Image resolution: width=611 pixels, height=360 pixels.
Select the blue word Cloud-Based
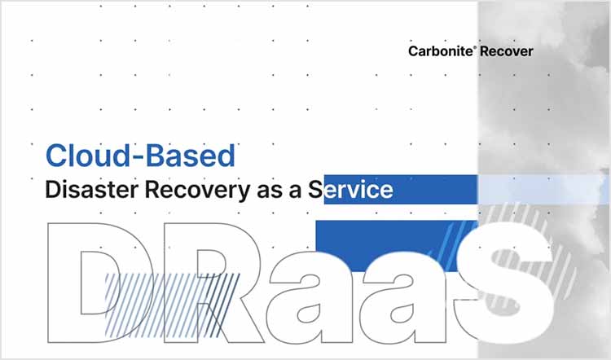[x=140, y=155]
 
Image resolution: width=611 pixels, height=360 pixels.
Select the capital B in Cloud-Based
[x=170, y=155]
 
